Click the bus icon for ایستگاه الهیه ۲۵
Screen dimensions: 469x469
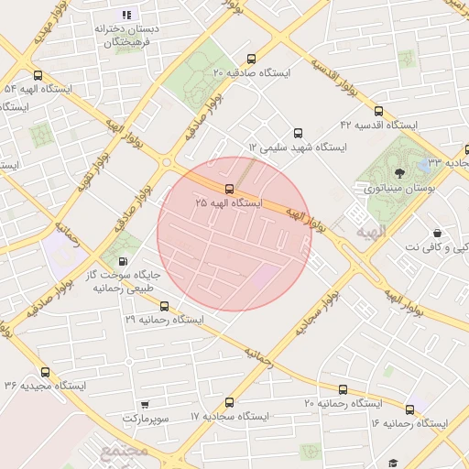(x=229, y=189)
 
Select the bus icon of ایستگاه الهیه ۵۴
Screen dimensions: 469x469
(x=38, y=76)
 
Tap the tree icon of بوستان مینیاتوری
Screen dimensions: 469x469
(x=398, y=171)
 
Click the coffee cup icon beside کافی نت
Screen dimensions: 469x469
(x=437, y=234)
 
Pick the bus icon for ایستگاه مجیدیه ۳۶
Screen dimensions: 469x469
(x=45, y=372)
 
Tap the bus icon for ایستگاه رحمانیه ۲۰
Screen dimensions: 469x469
(x=343, y=389)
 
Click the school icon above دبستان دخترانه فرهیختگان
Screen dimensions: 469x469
(x=126, y=15)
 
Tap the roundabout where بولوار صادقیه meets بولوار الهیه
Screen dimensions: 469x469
(x=166, y=162)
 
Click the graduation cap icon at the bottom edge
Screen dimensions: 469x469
(x=393, y=464)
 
